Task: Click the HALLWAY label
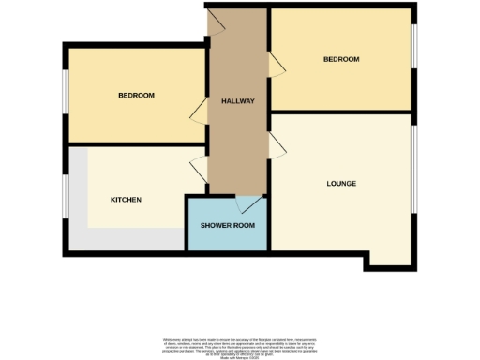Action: [238, 101]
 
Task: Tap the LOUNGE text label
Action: [341, 183]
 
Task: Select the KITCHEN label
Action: [126, 200]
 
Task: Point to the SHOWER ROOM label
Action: [227, 226]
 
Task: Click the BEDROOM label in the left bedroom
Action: [136, 96]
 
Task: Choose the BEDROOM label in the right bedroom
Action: [341, 59]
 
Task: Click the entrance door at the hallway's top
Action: [215, 22]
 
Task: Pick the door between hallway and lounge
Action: [277, 145]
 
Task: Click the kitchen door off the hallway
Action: [199, 170]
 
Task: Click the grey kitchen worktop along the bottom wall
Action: [131, 239]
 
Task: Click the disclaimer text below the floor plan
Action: [240, 344]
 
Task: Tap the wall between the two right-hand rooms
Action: [342, 112]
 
